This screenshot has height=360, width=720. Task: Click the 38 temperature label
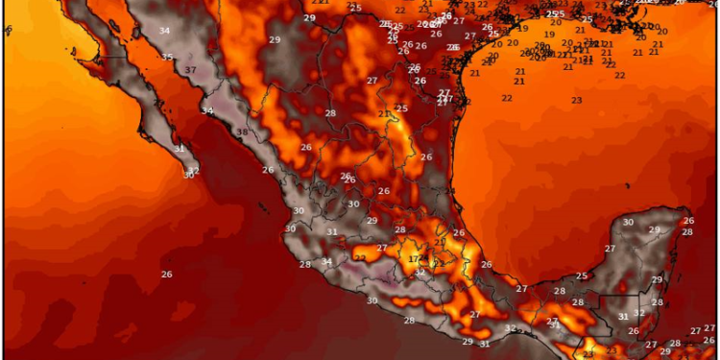[242, 132]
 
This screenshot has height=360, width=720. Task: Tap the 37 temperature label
[191, 71]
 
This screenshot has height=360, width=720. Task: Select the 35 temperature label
[167, 58]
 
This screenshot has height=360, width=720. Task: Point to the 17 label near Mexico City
[414, 259]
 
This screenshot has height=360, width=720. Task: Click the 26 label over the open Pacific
[166, 275]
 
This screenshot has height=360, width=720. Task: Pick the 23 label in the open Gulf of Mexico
[576, 100]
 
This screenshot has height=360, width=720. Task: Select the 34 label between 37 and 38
[207, 111]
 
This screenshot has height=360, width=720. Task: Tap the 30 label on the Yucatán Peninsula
[628, 222]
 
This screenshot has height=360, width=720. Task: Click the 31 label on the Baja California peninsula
[180, 149]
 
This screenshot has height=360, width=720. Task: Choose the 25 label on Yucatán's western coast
[582, 276]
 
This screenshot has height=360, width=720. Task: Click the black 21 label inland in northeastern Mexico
[384, 114]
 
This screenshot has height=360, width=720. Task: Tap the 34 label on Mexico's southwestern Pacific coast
[326, 261]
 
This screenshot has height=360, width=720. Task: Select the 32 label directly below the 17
[420, 273]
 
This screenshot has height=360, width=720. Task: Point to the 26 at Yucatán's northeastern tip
[687, 222]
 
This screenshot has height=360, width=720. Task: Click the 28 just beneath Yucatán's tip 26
[687, 232]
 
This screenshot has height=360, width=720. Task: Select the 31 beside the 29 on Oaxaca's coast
[485, 344]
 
